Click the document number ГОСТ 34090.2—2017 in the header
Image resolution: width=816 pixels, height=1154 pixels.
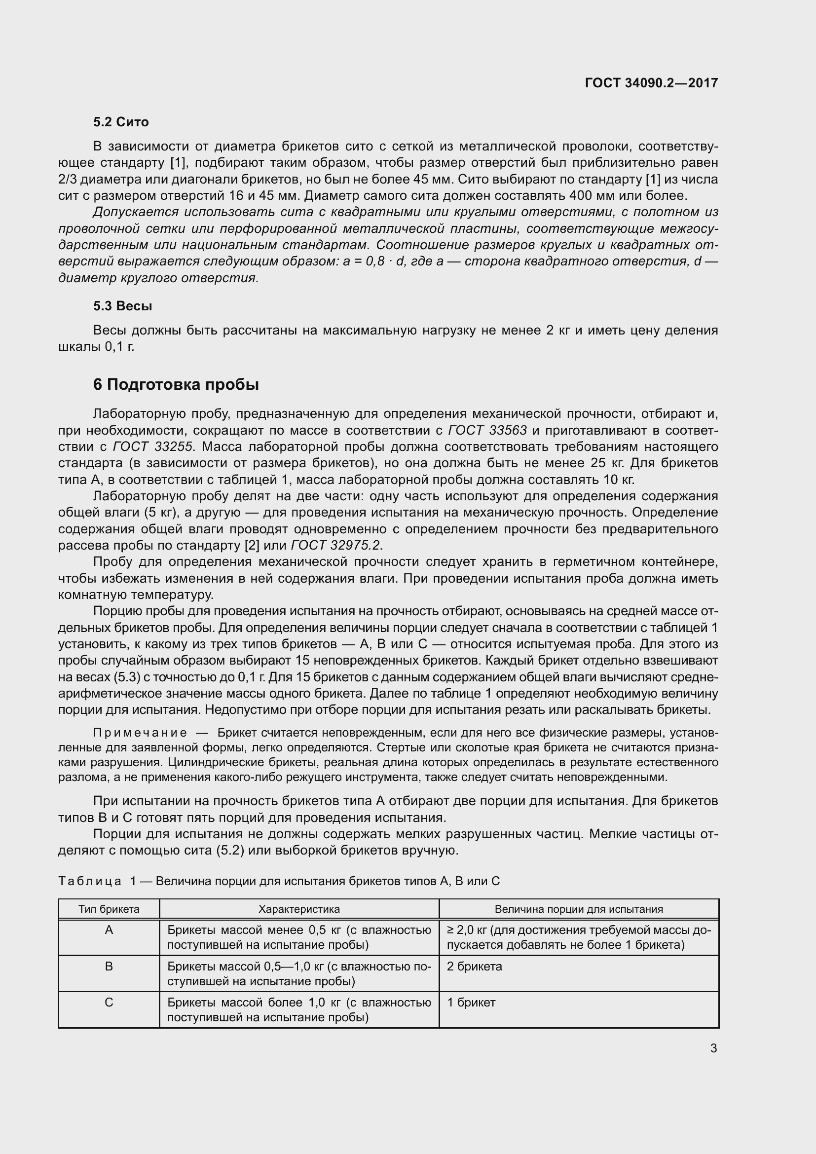pos(651,83)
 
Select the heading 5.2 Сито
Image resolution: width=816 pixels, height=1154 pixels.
pos(120,122)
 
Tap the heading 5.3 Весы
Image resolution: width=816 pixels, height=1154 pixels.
pos(123,306)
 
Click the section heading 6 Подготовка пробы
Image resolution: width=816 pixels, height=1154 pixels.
pos(176,384)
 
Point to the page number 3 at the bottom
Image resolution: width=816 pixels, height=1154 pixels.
pos(713,1048)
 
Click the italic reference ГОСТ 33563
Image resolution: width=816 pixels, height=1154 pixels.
pos(487,430)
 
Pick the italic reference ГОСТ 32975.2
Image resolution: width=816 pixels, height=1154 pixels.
pos(336,545)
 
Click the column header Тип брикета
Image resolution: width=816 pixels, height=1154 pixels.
pos(109,909)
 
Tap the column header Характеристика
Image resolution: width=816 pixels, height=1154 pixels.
pos(299,909)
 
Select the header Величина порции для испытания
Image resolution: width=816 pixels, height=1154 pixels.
pos(579,909)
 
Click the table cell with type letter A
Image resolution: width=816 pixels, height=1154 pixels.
pos(109,931)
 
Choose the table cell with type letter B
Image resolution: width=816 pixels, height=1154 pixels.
pos(109,967)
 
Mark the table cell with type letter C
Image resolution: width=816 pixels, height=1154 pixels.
pos(109,1003)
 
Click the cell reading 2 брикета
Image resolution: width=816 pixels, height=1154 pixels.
pos(474,967)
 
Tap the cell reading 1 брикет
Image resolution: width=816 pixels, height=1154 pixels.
pos(471,1003)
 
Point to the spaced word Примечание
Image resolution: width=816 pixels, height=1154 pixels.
pos(140,733)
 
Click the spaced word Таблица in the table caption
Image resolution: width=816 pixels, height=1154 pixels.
pos(90,881)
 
